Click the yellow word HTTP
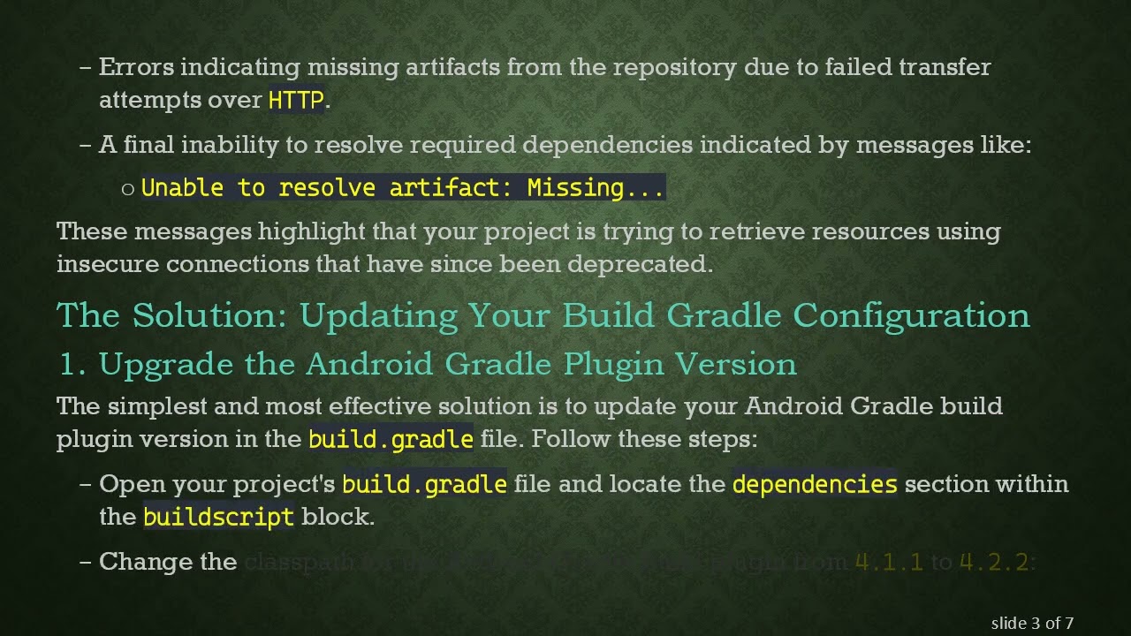[296, 100]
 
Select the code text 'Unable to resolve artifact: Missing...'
[402, 187]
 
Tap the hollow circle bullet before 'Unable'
[128, 188]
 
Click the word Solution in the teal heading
[209, 315]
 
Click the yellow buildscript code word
[218, 517]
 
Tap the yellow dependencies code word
[815, 484]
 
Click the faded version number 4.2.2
[994, 562]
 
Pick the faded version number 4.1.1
[890, 562]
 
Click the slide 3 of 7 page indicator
[1032, 624]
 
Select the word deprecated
[639, 264]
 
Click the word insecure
[107, 264]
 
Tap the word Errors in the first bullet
[136, 67]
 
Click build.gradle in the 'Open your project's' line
[424, 484]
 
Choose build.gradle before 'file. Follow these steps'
[391, 439]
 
